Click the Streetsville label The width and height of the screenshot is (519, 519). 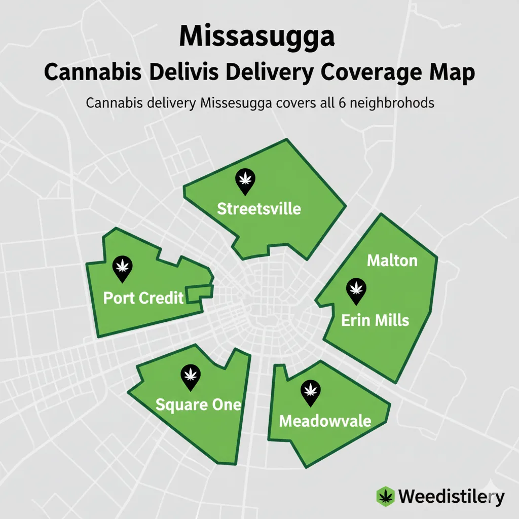tap(259, 208)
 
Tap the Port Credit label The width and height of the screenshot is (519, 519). tap(143, 298)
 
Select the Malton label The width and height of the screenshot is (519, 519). tap(392, 261)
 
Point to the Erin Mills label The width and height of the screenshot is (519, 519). tap(375, 320)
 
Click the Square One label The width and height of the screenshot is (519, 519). tap(198, 405)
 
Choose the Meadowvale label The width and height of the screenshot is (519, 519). tap(325, 421)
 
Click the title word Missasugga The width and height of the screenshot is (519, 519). tap(257, 38)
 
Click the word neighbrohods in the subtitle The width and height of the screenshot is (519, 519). tap(394, 103)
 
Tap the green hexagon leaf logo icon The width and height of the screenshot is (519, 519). tap(386, 496)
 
